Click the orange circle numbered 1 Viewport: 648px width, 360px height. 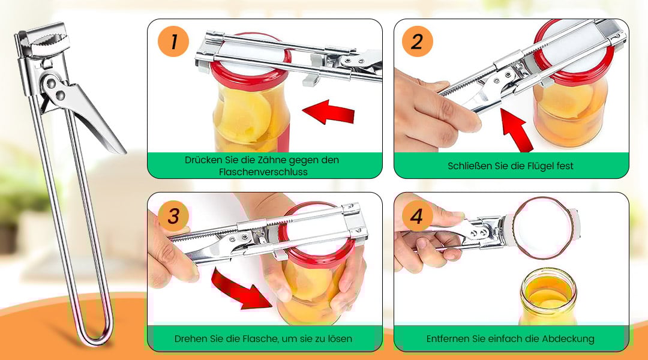(x=173, y=42)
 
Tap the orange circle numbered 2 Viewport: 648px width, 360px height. (x=417, y=42)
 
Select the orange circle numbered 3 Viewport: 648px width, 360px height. (x=173, y=216)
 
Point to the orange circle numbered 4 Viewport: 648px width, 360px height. (x=417, y=216)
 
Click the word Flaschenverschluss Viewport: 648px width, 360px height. (x=263, y=172)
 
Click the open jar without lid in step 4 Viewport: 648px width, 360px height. (x=548, y=296)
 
